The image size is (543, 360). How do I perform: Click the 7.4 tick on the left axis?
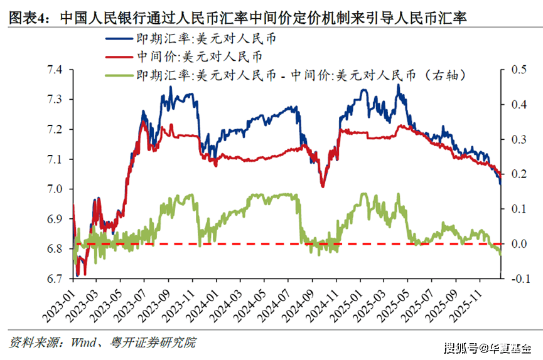pyautogui.click(x=55, y=70)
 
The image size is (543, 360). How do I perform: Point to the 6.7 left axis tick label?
pyautogui.click(x=55, y=278)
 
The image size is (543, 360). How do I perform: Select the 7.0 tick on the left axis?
pyautogui.click(x=55, y=189)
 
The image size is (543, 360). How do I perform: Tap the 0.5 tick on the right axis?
pyautogui.click(x=518, y=70)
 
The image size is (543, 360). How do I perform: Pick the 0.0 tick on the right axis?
pyautogui.click(x=518, y=243)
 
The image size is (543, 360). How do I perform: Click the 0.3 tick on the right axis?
pyautogui.click(x=518, y=139)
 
